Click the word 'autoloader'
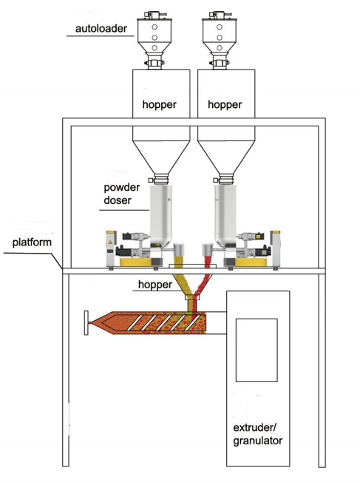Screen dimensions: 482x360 coord(101,30)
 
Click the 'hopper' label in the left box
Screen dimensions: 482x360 coord(160,105)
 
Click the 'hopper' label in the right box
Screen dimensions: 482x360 coord(225,105)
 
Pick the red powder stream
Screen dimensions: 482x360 coord(205,281)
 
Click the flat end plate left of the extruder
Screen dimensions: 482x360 coord(86,322)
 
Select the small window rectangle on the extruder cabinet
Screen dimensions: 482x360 coord(256,349)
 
